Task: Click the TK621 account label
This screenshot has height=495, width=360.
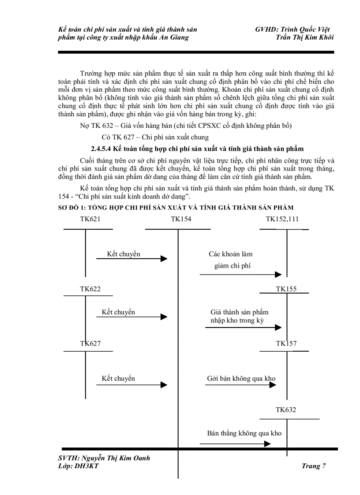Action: coord(90,219)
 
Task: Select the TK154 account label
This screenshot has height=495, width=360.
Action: coord(181,219)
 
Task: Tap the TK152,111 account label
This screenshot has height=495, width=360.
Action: coord(282,219)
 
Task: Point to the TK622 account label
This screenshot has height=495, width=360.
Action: coord(90,289)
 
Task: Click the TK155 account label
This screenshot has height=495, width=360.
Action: coord(286,289)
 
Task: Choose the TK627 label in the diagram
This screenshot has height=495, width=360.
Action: coord(90,343)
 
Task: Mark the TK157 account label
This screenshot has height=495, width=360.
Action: coord(286,343)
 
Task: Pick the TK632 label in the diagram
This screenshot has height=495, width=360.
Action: coord(286,409)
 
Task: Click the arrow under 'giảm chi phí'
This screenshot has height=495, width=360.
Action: coord(240,275)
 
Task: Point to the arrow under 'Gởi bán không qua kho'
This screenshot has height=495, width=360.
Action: coord(240,385)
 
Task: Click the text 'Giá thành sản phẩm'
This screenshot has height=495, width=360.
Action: coord(240,312)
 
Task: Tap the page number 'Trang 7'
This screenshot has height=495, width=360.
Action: coord(314,466)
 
